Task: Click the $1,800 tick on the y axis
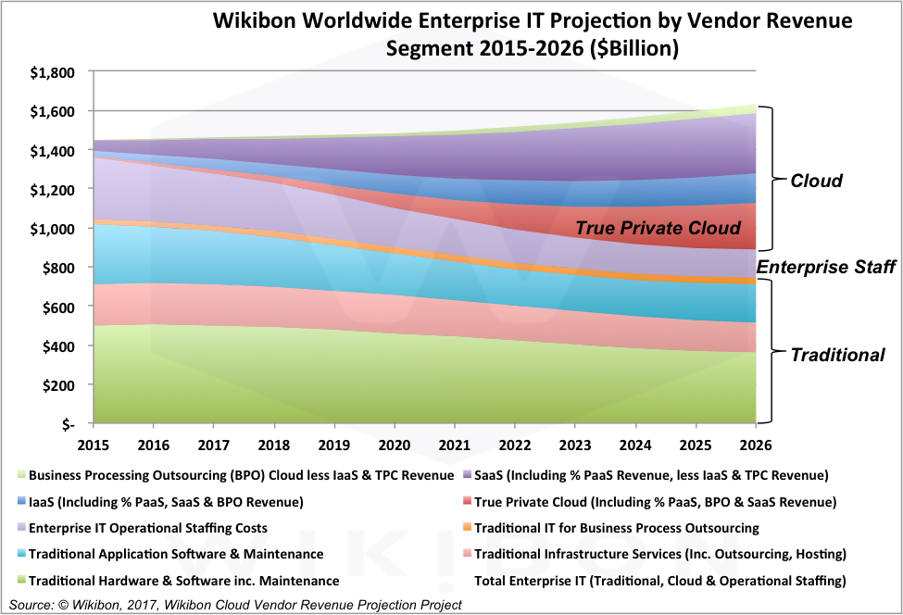pos(53,72)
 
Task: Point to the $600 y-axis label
pos(58,307)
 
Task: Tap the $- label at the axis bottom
pos(69,425)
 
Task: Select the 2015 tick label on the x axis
pos(94,446)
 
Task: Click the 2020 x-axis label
pos(394,446)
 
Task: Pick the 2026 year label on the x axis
pos(755,446)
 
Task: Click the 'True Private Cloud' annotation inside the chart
pos(658,228)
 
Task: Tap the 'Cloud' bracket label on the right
pos(816,181)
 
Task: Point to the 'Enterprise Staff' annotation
pos(826,267)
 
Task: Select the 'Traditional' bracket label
pos(837,355)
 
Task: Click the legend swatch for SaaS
pos(467,474)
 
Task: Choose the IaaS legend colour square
pos(21,501)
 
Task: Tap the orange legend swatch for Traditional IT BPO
pos(467,527)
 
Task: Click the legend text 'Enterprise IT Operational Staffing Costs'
pos(148,528)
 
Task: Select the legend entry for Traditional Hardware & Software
pos(183,581)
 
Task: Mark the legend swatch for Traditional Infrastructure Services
pos(467,553)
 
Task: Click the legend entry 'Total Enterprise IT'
pos(660,581)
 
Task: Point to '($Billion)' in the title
pos(634,48)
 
